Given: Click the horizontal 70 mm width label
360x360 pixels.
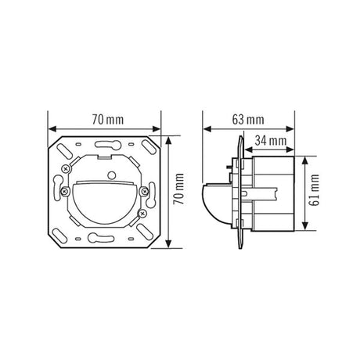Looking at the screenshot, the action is [108, 120].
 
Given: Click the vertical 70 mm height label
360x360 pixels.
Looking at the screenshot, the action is [179, 189].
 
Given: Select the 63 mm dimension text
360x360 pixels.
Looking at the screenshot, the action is [248, 120].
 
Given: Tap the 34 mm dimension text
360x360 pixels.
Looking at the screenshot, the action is [271, 141].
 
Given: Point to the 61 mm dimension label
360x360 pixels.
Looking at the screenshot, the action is [315, 190].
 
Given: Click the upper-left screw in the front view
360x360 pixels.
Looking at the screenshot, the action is [65, 169].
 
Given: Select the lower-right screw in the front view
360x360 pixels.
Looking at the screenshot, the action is [142, 214].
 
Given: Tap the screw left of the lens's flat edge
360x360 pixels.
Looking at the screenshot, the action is [64, 192].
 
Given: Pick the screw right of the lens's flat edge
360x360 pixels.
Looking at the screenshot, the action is [143, 192].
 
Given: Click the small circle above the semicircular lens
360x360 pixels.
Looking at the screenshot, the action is [112, 175].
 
